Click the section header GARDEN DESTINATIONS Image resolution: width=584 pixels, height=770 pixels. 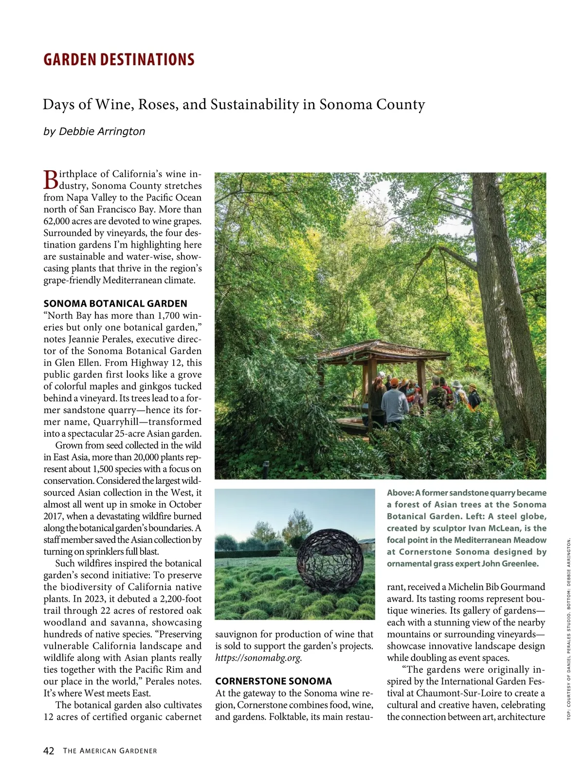119,59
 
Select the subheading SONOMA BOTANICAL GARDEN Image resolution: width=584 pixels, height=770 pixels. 115,304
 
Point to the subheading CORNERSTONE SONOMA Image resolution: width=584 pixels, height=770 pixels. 274,681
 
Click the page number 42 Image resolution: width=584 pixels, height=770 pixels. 49,750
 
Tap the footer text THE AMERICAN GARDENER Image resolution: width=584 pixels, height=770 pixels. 110,751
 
